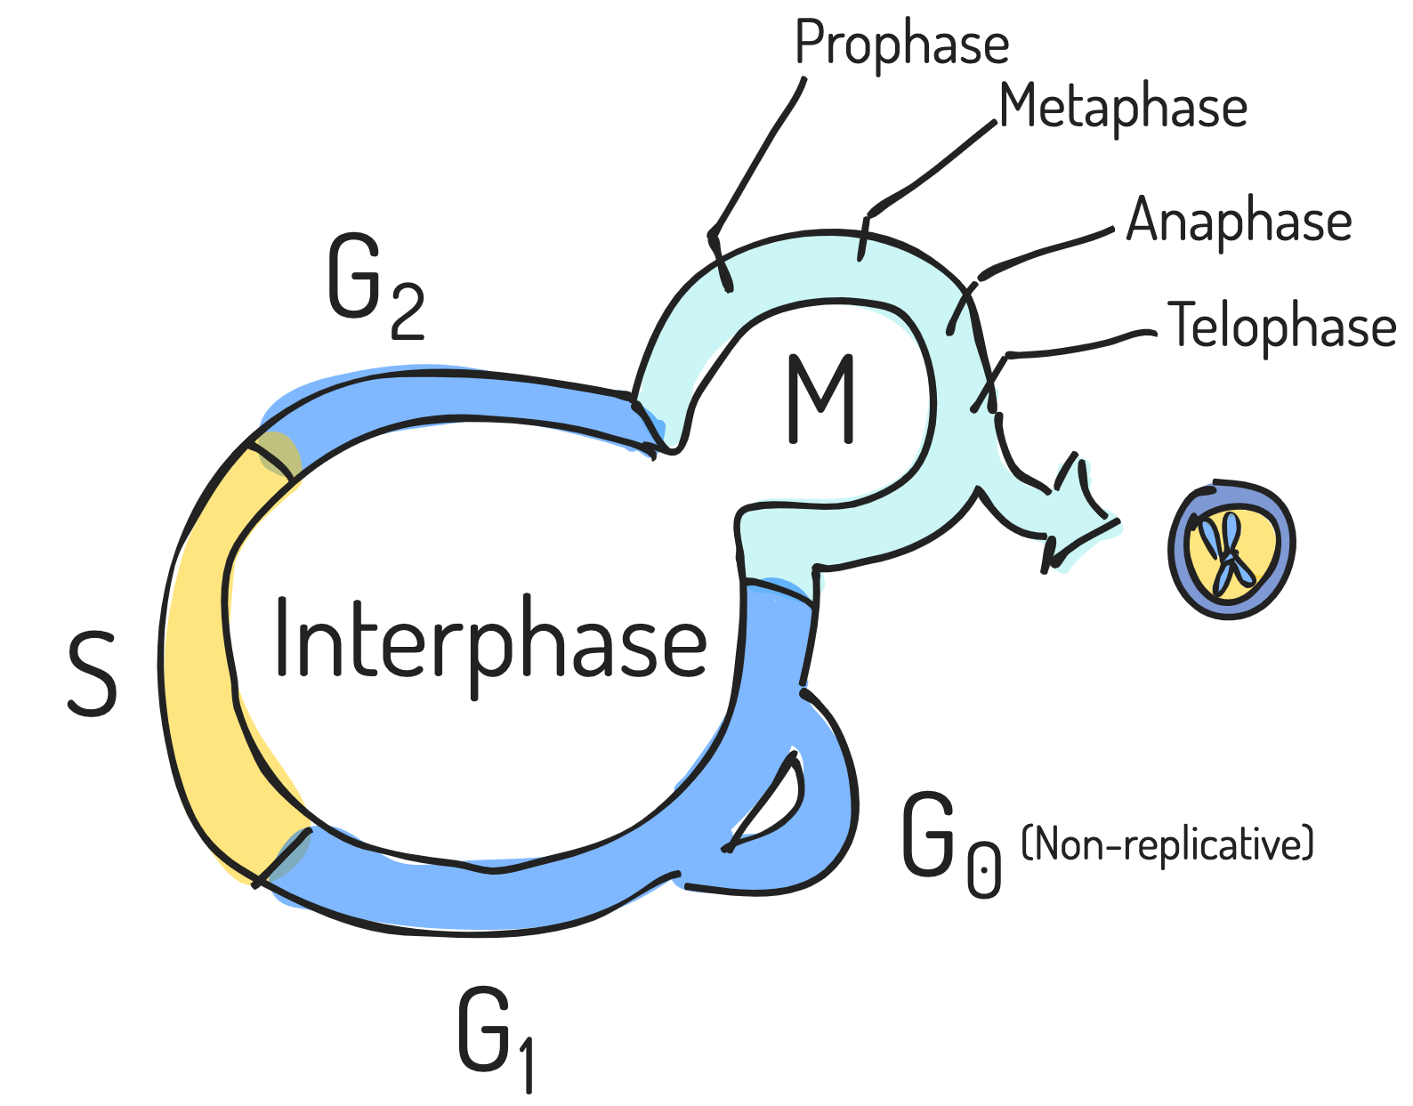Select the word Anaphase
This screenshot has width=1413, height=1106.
(1239, 221)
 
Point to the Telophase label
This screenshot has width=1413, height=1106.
(1280, 327)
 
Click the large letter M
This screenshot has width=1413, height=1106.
(820, 400)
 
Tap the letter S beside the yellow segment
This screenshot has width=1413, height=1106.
(93, 674)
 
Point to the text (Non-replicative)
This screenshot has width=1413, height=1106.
(1167, 844)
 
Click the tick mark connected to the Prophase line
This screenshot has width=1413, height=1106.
(721, 262)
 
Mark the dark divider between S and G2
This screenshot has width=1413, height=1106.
(274, 456)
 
